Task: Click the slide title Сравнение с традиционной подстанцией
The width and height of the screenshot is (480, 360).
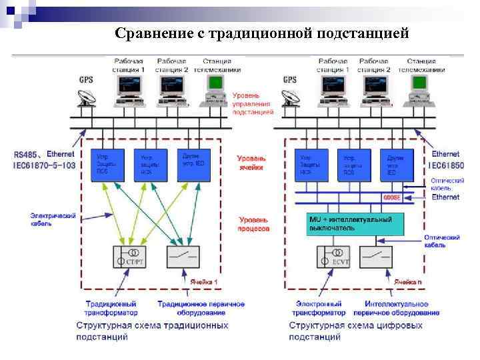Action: [261, 33]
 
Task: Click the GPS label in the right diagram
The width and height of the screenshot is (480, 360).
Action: [290, 80]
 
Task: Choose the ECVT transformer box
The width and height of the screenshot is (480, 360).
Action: [333, 257]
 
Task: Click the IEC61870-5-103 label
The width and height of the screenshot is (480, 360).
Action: [44, 164]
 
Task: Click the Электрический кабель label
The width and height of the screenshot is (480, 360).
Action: [53, 219]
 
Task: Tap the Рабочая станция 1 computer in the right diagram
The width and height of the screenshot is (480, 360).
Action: [331, 87]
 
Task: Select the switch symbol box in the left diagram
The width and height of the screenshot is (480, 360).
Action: [183, 257]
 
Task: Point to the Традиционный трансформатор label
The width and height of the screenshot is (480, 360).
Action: [111, 308]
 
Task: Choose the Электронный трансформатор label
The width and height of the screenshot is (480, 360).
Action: [319, 308]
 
